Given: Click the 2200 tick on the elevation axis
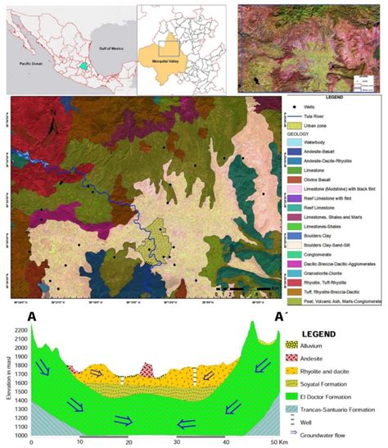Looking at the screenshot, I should click(18, 330).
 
